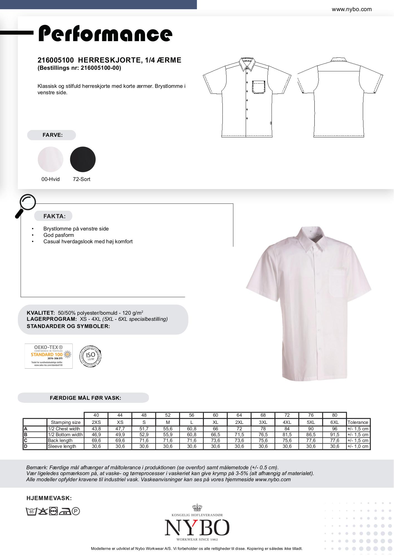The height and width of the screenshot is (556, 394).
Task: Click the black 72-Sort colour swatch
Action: point(83,159)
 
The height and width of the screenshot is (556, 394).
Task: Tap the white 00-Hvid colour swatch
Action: point(50,159)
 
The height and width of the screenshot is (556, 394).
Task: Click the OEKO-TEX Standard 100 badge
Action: point(48,356)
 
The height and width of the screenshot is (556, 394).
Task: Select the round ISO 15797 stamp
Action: point(90,356)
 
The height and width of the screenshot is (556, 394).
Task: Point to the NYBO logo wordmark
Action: point(197,528)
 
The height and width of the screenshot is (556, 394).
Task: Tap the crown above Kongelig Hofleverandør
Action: point(197,508)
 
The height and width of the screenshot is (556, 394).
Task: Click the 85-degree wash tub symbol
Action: point(31,511)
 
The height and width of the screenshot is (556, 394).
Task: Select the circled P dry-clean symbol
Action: point(76,511)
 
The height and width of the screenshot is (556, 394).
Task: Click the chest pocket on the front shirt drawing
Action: point(259,86)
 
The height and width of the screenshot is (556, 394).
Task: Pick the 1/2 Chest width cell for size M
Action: point(168,429)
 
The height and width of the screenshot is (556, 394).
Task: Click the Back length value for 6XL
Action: point(334,440)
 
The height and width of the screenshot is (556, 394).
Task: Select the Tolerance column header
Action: point(358,422)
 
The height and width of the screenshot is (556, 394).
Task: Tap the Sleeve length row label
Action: point(62,446)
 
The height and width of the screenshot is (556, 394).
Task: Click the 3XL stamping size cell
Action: point(263,422)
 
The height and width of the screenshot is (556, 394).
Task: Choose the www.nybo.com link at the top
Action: point(351,9)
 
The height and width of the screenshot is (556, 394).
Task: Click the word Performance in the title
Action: point(105,34)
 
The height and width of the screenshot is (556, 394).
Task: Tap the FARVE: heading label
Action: point(52,135)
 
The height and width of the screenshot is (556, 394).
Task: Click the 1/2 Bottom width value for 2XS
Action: point(96,435)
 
